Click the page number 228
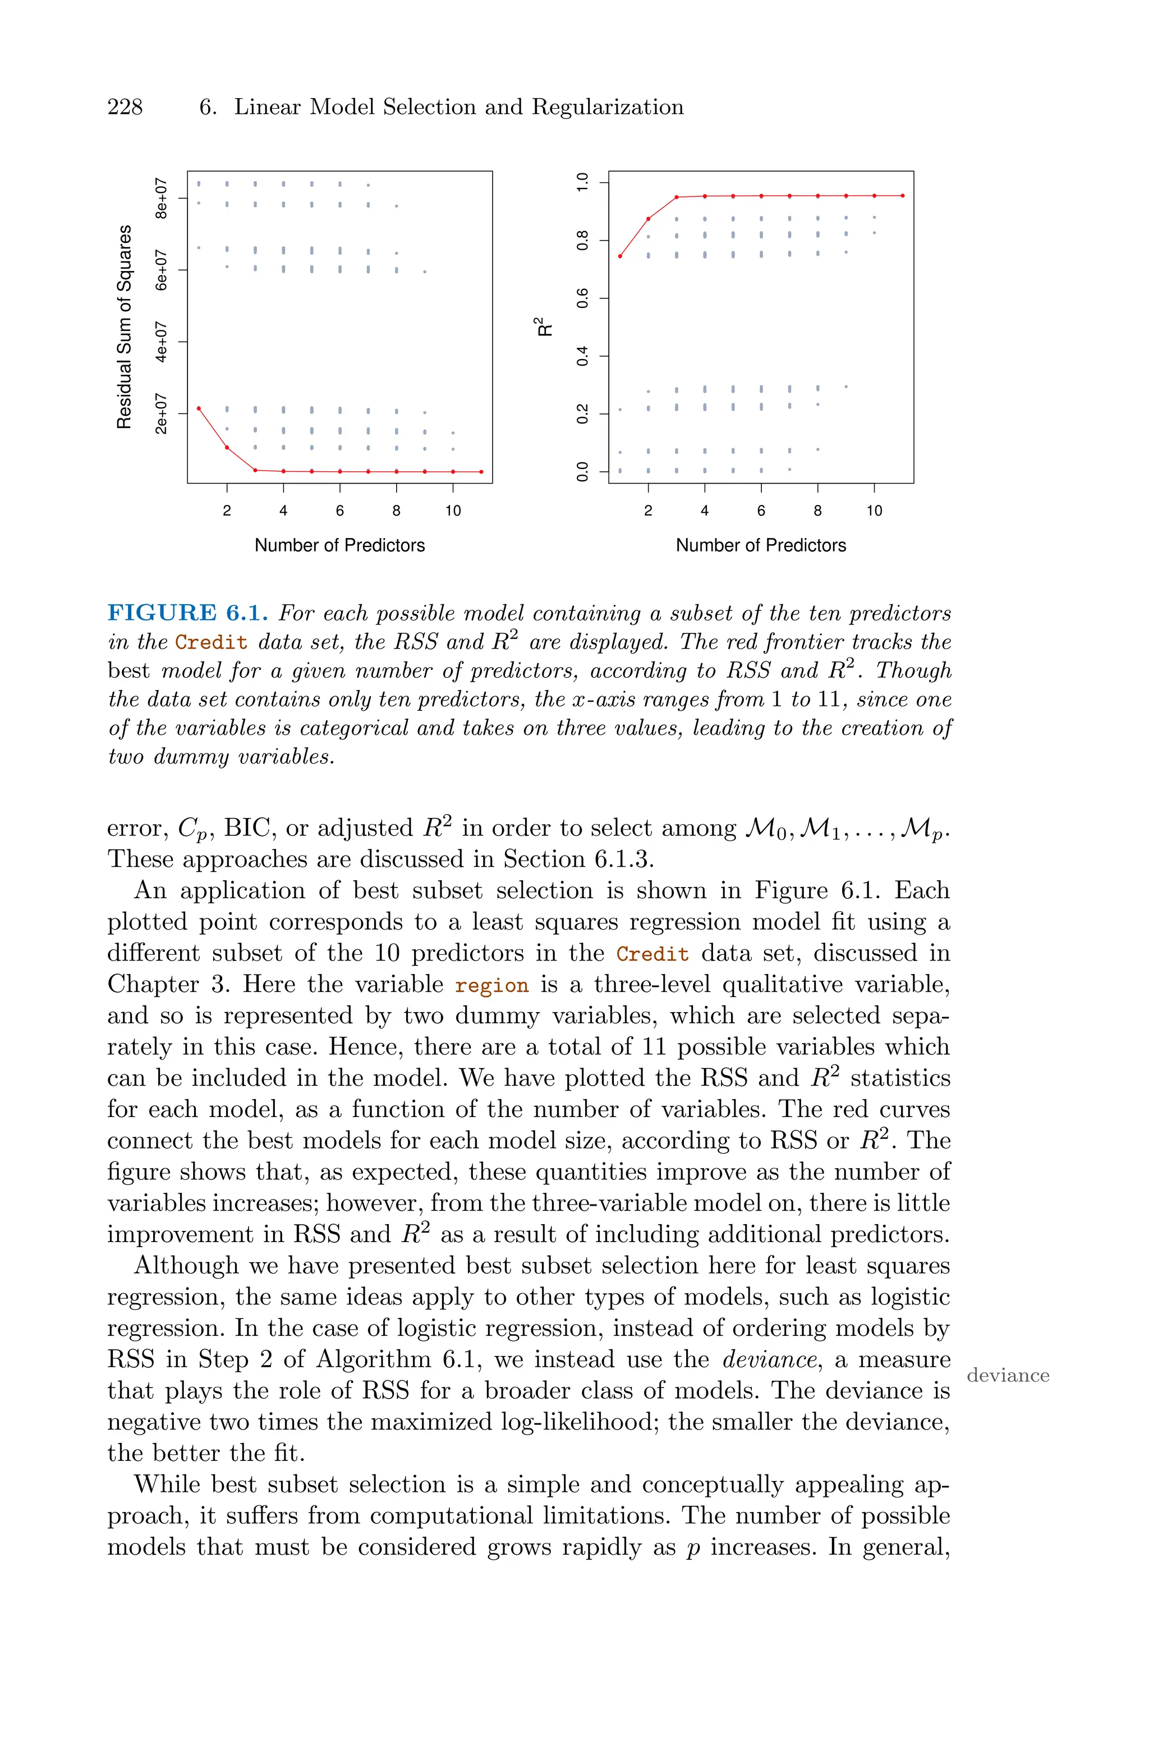coord(125,108)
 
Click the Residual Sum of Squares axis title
coord(125,327)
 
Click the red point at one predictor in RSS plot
coord(199,408)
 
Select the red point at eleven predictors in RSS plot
coord(481,472)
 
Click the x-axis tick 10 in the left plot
coord(453,511)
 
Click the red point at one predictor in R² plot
coord(620,256)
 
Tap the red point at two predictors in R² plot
coord(648,219)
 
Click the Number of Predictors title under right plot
coord(761,546)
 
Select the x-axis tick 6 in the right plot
coord(761,511)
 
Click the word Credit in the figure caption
coord(211,643)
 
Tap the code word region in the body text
coord(491,986)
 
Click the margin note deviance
coord(1008,1376)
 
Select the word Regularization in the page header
coord(608,108)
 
